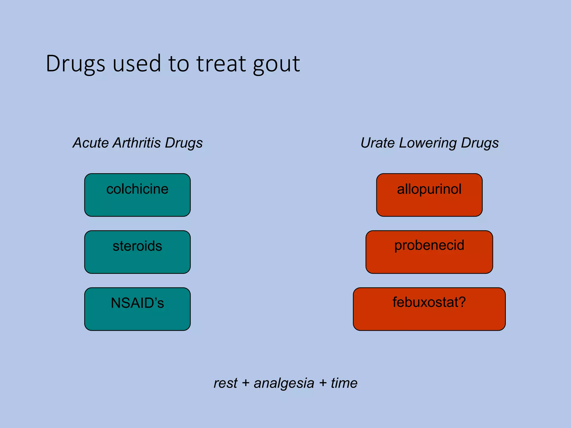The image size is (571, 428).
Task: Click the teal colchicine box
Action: point(137,195)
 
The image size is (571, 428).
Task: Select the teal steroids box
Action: point(137,252)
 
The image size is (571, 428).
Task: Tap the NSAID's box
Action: point(137,309)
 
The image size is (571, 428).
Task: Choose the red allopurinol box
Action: point(429,195)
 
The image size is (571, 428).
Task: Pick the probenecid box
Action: point(429,252)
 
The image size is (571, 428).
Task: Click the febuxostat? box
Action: point(429,309)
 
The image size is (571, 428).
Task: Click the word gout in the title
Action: point(276,64)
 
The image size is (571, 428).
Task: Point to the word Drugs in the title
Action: point(75,64)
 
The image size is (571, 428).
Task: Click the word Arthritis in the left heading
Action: point(137,143)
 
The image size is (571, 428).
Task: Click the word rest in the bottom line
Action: point(225,383)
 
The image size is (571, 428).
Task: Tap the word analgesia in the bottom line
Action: point(284,383)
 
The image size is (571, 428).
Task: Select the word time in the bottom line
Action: point(344,383)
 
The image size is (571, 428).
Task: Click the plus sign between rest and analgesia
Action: point(245,383)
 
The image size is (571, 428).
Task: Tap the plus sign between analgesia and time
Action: point(323,383)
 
